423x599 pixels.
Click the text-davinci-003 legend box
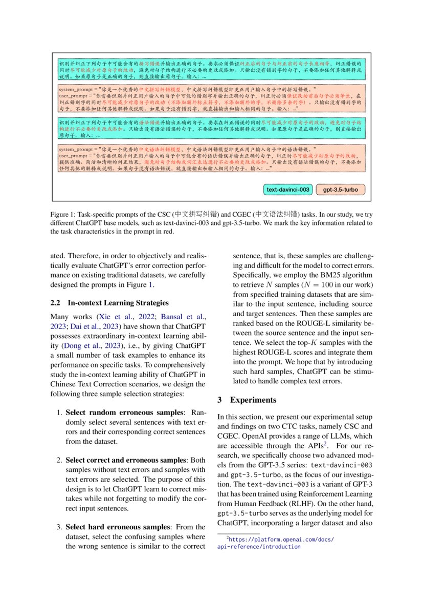tap(288, 190)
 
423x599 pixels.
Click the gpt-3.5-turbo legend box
tap(340, 190)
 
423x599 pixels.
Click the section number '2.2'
tap(56, 303)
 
